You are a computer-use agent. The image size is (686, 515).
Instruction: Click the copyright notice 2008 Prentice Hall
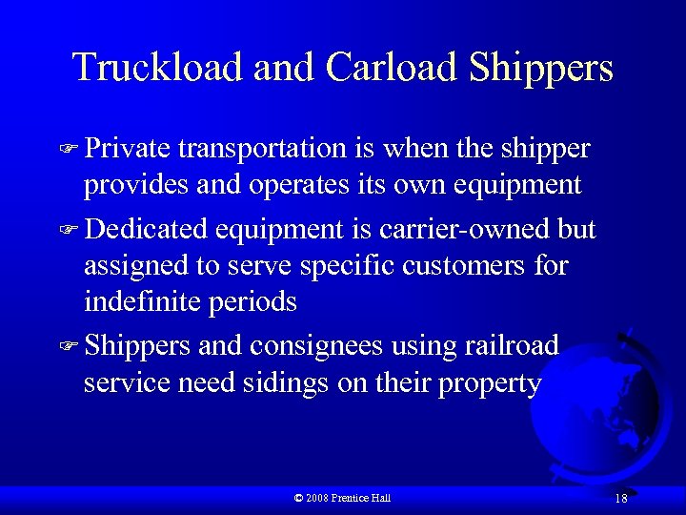coord(343,498)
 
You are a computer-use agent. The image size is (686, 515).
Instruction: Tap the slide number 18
coord(620,498)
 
